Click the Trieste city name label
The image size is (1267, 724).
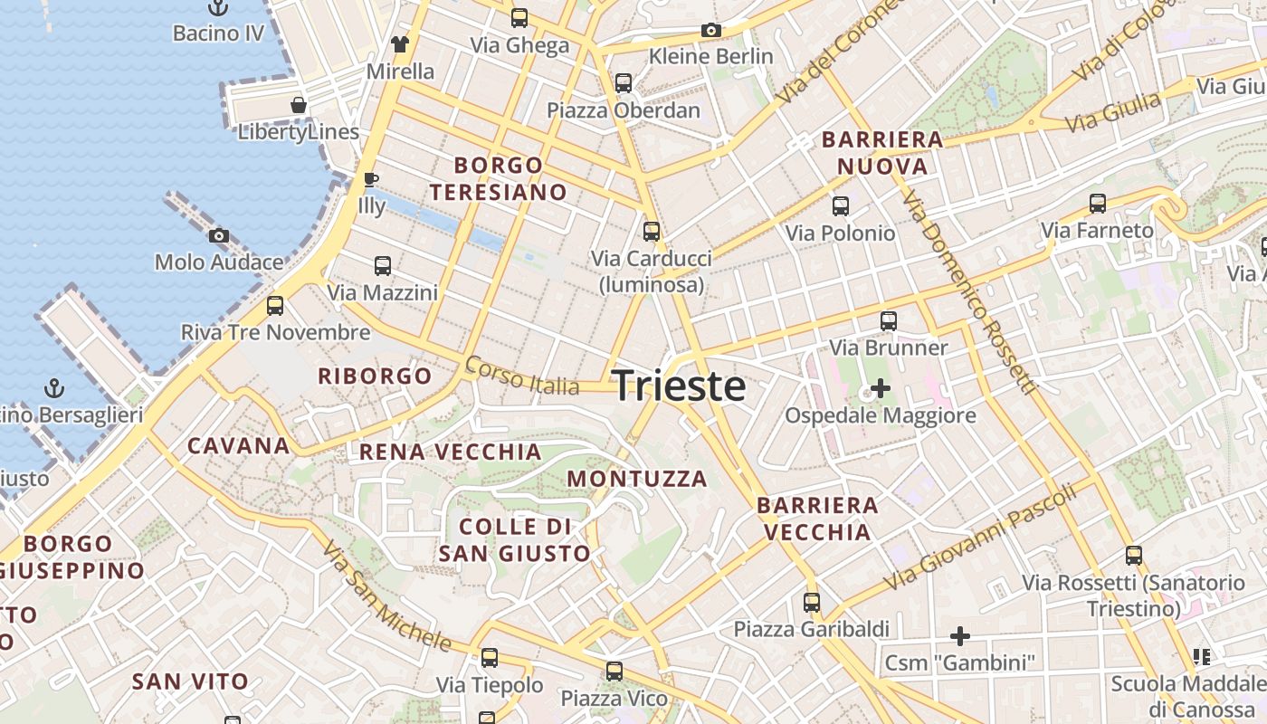point(680,386)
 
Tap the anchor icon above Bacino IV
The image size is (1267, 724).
point(218,8)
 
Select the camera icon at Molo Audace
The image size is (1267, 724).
point(218,236)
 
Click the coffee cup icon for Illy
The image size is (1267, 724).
point(370,179)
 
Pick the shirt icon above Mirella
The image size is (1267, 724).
point(400,43)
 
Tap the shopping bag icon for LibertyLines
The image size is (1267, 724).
point(299,106)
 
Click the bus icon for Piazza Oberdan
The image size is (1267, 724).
point(624,83)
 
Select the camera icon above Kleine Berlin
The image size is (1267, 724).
point(711,30)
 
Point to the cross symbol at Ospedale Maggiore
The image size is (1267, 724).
point(880,389)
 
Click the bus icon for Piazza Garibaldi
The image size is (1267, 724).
point(812,602)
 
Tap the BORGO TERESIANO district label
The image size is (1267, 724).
point(499,178)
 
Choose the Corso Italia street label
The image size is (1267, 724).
point(521,376)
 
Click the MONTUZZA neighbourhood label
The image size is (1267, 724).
point(637,479)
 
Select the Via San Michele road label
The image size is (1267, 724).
point(386,597)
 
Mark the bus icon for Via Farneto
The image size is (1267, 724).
point(1098,204)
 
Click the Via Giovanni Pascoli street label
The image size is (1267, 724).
point(982,536)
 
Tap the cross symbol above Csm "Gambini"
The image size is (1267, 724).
point(960,636)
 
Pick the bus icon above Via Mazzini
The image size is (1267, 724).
point(383,266)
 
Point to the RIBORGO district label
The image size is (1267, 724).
point(375,376)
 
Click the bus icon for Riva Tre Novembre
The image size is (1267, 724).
point(275,306)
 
